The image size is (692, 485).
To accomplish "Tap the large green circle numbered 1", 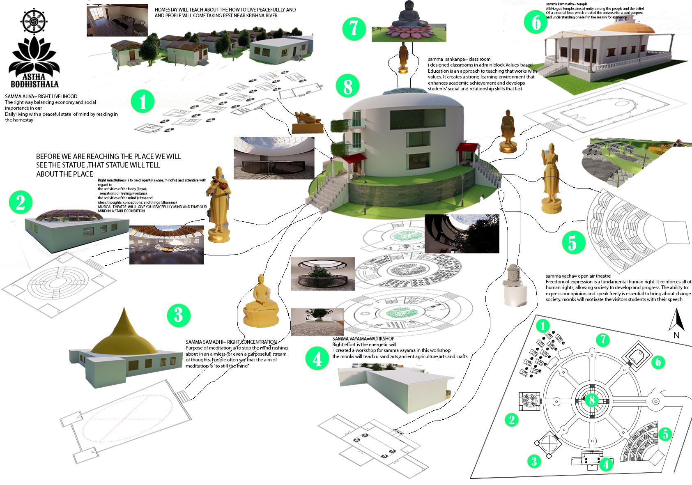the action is [x=143, y=102].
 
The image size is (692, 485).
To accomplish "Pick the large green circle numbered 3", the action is [x=178, y=316].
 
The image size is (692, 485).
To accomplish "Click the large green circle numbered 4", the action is [x=317, y=359].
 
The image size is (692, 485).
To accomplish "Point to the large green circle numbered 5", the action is [x=572, y=243].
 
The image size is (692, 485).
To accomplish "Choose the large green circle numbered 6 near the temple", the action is [x=536, y=23].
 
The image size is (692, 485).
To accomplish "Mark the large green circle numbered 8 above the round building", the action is [x=347, y=86].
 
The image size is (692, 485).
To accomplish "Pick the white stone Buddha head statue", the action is [x=513, y=285].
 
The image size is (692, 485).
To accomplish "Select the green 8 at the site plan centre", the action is [x=591, y=400].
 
